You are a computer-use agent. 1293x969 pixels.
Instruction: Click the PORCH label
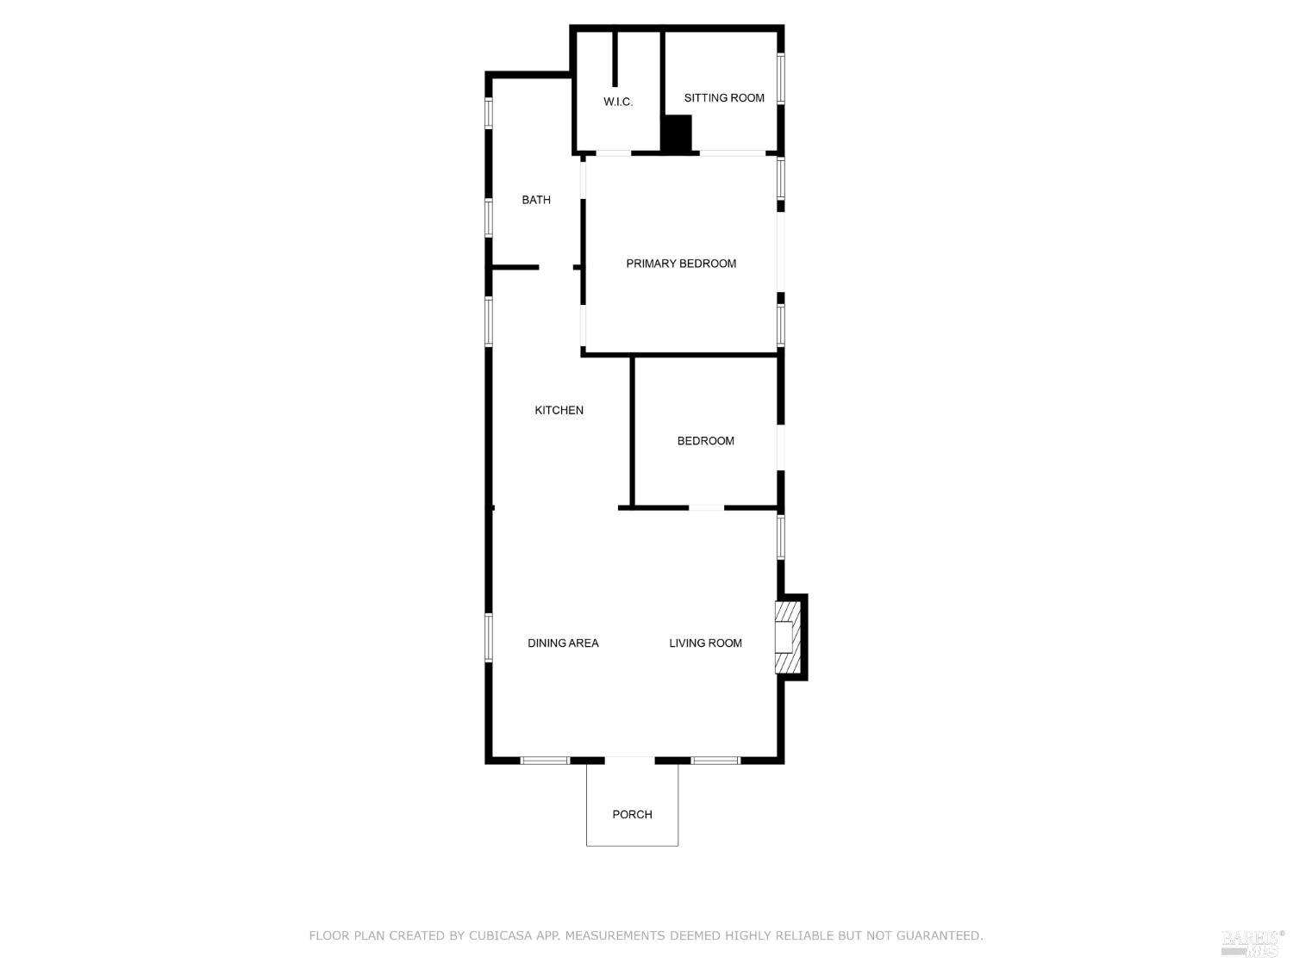tap(632, 814)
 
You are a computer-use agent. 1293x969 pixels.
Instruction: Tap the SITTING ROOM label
tap(724, 97)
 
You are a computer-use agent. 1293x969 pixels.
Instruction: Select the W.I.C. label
tap(618, 102)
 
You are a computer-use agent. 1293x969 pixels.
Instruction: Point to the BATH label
tap(536, 200)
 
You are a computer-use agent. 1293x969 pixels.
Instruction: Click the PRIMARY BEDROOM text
tap(681, 264)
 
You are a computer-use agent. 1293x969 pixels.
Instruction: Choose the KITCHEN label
tap(559, 410)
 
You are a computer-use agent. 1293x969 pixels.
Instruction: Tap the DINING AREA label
tap(563, 643)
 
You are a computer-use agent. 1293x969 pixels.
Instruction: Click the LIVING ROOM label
tap(705, 643)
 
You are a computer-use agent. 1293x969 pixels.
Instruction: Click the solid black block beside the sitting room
tap(678, 134)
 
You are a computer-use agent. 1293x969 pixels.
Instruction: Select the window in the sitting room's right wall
tap(780, 78)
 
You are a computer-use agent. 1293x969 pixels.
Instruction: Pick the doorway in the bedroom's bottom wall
tap(706, 507)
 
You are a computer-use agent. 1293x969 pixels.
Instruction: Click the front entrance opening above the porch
tap(630, 761)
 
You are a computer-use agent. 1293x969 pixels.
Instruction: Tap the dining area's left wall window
tap(489, 637)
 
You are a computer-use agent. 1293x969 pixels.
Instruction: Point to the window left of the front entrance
tap(545, 761)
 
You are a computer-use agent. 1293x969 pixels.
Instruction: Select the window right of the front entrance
tap(715, 761)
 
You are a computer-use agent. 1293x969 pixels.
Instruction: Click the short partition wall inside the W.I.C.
tap(615, 59)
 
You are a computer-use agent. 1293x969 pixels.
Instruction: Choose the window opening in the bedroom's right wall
tap(780, 447)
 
